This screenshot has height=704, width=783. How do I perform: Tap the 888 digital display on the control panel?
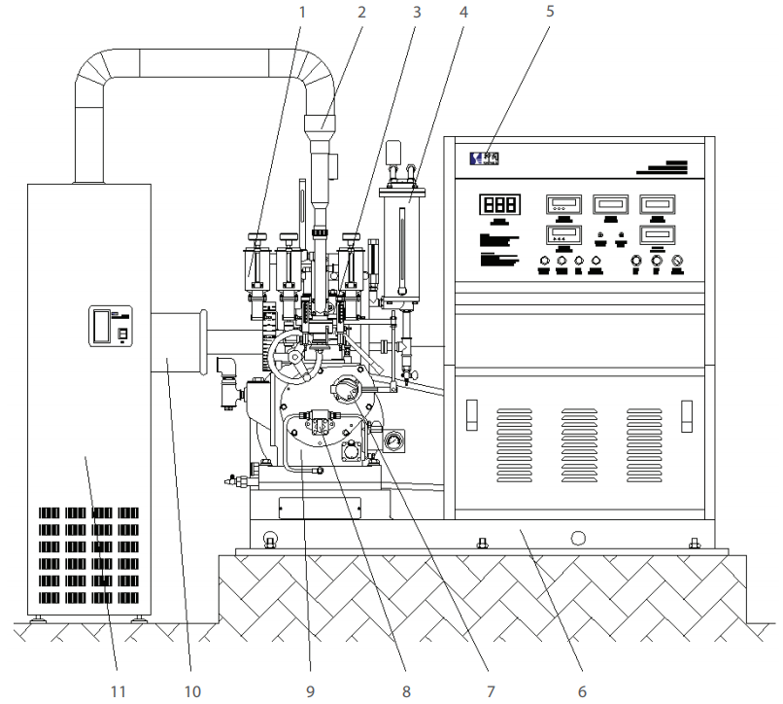(497, 205)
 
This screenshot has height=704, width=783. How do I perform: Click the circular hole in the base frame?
(579, 538)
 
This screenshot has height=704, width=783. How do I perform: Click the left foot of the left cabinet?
(40, 619)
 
